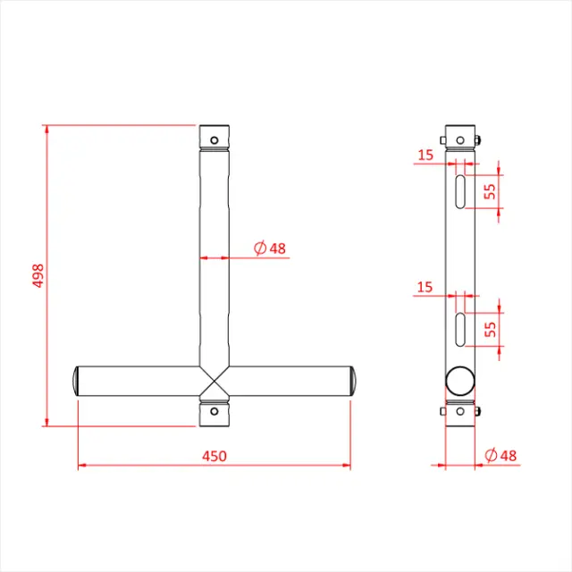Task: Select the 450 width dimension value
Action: [214, 456]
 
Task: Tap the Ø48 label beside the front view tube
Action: [270, 248]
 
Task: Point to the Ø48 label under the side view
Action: [500, 456]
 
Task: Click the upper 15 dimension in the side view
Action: [425, 155]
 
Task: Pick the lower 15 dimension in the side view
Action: [425, 287]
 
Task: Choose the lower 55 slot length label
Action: [490, 328]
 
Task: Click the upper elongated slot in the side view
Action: [460, 191]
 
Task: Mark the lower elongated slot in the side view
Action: [460, 329]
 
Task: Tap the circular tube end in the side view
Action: [460, 380]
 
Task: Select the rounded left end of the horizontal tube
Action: [75, 382]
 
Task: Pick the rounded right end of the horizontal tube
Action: [353, 382]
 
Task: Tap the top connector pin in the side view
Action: [479, 139]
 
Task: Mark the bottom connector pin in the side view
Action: [479, 412]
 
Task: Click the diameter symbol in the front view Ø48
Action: [260, 248]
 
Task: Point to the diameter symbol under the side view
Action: [491, 456]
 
